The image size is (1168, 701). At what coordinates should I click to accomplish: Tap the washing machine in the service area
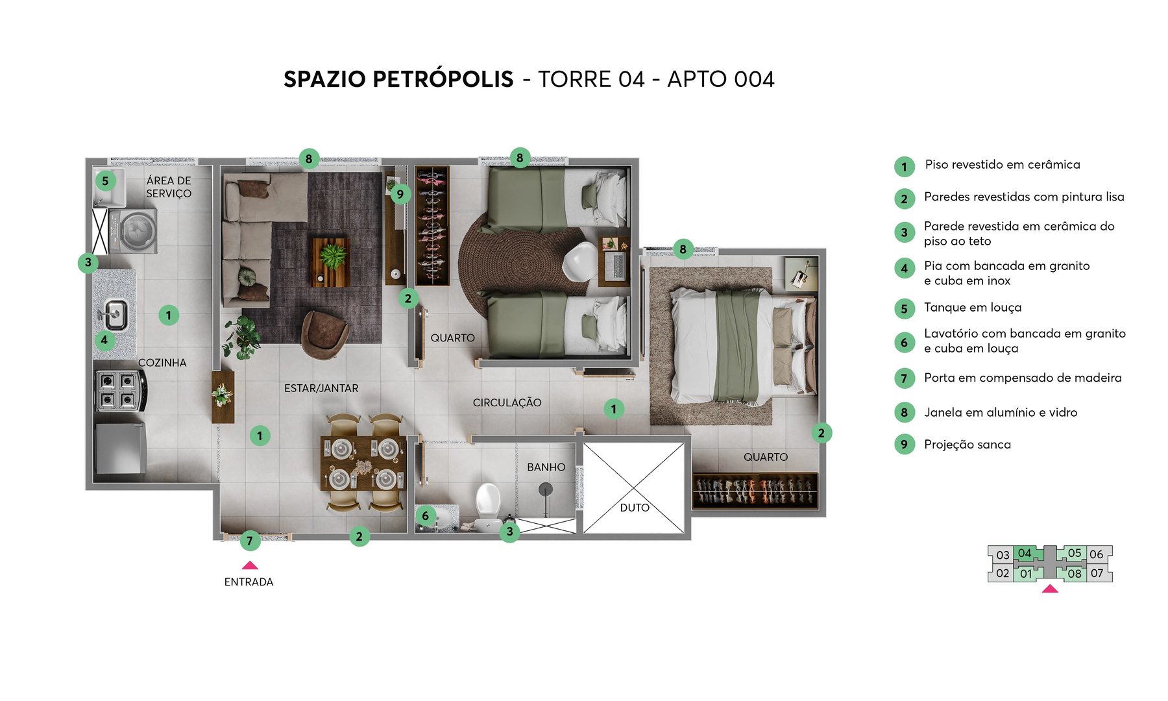point(134,230)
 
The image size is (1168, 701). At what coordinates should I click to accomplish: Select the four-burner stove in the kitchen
point(119,390)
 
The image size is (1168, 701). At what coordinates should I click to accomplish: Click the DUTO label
point(634,508)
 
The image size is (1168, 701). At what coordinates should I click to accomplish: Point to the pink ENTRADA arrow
point(250,565)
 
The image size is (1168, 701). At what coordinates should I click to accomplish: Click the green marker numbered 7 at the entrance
point(250,541)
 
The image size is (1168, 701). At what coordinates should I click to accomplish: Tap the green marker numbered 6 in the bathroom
point(425,516)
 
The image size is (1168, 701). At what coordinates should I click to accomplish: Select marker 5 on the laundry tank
point(105,181)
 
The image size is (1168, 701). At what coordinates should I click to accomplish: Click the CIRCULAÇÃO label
point(507,402)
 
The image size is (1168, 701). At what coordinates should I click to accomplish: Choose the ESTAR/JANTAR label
point(321,388)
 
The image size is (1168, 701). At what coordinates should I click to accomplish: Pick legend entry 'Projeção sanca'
point(967,445)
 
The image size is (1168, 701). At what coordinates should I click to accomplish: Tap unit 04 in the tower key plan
point(1025,554)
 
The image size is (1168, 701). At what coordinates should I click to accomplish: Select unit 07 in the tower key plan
point(1097,573)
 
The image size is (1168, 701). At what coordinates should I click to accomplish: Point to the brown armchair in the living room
point(324,332)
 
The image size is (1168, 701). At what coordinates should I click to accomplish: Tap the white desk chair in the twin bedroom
point(579,261)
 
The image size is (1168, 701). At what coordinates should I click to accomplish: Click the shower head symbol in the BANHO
point(546,489)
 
